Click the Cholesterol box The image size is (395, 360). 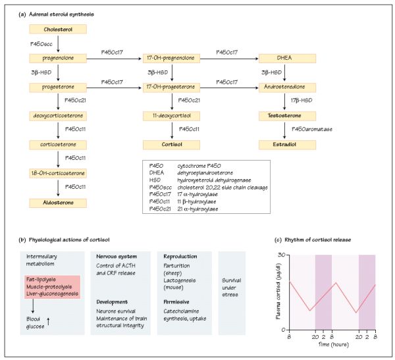[58, 30]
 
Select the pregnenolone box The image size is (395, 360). [58, 58]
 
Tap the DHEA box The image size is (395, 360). [283, 58]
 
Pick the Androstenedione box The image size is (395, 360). [283, 86]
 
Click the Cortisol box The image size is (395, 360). [171, 143]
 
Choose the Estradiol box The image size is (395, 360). [283, 143]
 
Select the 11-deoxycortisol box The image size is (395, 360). [171, 115]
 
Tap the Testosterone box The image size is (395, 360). [283, 115]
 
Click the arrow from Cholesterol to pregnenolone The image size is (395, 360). [59, 43]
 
